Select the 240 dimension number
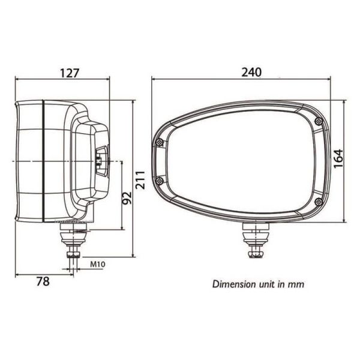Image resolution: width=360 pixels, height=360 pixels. pyautogui.click(x=251, y=71)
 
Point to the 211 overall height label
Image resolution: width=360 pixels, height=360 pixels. pyautogui.click(x=142, y=179)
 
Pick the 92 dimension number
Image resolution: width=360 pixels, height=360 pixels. pyautogui.click(x=127, y=197)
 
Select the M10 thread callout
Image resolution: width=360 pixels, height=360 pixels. pyautogui.click(x=98, y=263)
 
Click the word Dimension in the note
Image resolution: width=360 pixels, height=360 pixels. pyautogui.click(x=232, y=284)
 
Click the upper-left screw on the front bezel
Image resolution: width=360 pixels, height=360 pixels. pyautogui.click(x=159, y=142)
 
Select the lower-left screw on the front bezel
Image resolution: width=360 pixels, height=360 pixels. pyautogui.click(x=159, y=181)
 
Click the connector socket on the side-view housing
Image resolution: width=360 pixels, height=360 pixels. pyautogui.click(x=100, y=161)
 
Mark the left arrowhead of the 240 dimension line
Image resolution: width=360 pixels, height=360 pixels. pyautogui.click(x=154, y=79)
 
